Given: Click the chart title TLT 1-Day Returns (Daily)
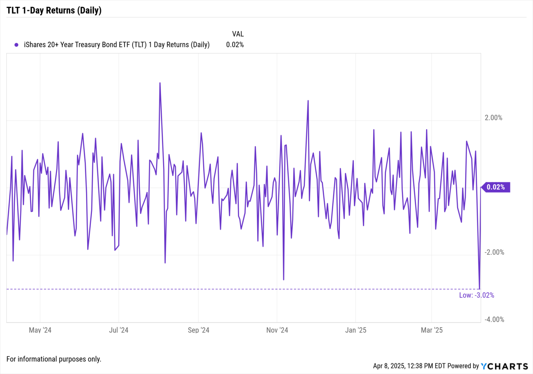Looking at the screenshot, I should coord(54,10).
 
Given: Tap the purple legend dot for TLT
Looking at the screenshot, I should coord(16,45).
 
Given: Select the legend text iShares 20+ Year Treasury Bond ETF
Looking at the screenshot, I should coord(117,45).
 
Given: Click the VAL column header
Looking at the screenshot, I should coord(238,34).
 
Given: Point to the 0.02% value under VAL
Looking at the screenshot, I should coord(235,45).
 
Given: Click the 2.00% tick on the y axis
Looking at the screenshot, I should coord(493,118).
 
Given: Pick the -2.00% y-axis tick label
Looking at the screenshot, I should coord(494,252).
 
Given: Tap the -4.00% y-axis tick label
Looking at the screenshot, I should coord(494,319).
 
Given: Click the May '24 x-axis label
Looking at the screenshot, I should coord(40,330).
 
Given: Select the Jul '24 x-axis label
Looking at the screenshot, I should coord(119,330).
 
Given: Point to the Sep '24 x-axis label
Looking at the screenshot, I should coord(198,330).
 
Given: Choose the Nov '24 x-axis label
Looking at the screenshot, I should coord(277,330).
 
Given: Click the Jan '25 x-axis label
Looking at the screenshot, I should coord(356,330).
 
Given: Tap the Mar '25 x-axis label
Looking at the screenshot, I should coord(432,330).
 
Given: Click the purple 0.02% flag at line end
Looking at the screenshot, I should coord(496,187).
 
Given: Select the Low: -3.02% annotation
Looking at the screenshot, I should coord(476,295).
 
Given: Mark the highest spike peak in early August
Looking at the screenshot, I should coord(160,83).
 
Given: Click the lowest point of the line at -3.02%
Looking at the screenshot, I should coord(480,288).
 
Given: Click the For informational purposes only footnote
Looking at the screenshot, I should coord(54,359).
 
